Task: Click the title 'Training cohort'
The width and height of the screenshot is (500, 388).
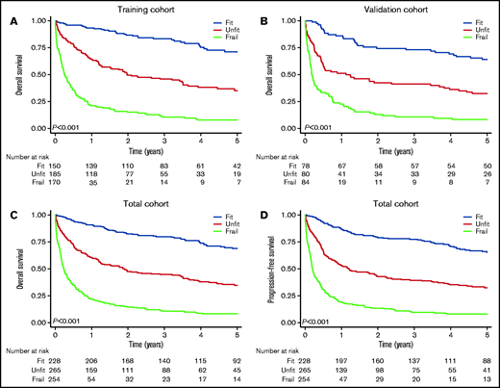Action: [145, 8]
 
